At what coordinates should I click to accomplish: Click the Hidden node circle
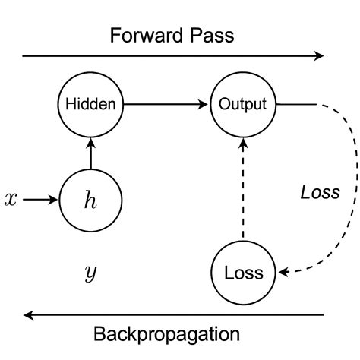pyautogui.click(x=90, y=104)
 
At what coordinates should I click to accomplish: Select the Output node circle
pyautogui.click(x=242, y=104)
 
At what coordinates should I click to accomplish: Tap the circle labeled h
pyautogui.click(x=90, y=200)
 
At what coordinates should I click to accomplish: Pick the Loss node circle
pyautogui.click(x=242, y=273)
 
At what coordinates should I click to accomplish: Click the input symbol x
pyautogui.click(x=11, y=200)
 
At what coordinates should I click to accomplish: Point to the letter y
pyautogui.click(x=90, y=271)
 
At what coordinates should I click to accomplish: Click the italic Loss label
pyautogui.click(x=319, y=192)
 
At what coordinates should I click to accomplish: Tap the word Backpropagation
pyautogui.click(x=166, y=334)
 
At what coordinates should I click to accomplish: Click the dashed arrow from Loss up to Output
pyautogui.click(x=242, y=190)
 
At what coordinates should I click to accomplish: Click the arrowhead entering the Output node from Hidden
pyautogui.click(x=206, y=104)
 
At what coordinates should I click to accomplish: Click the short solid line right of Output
pyautogui.click(x=289, y=104)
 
